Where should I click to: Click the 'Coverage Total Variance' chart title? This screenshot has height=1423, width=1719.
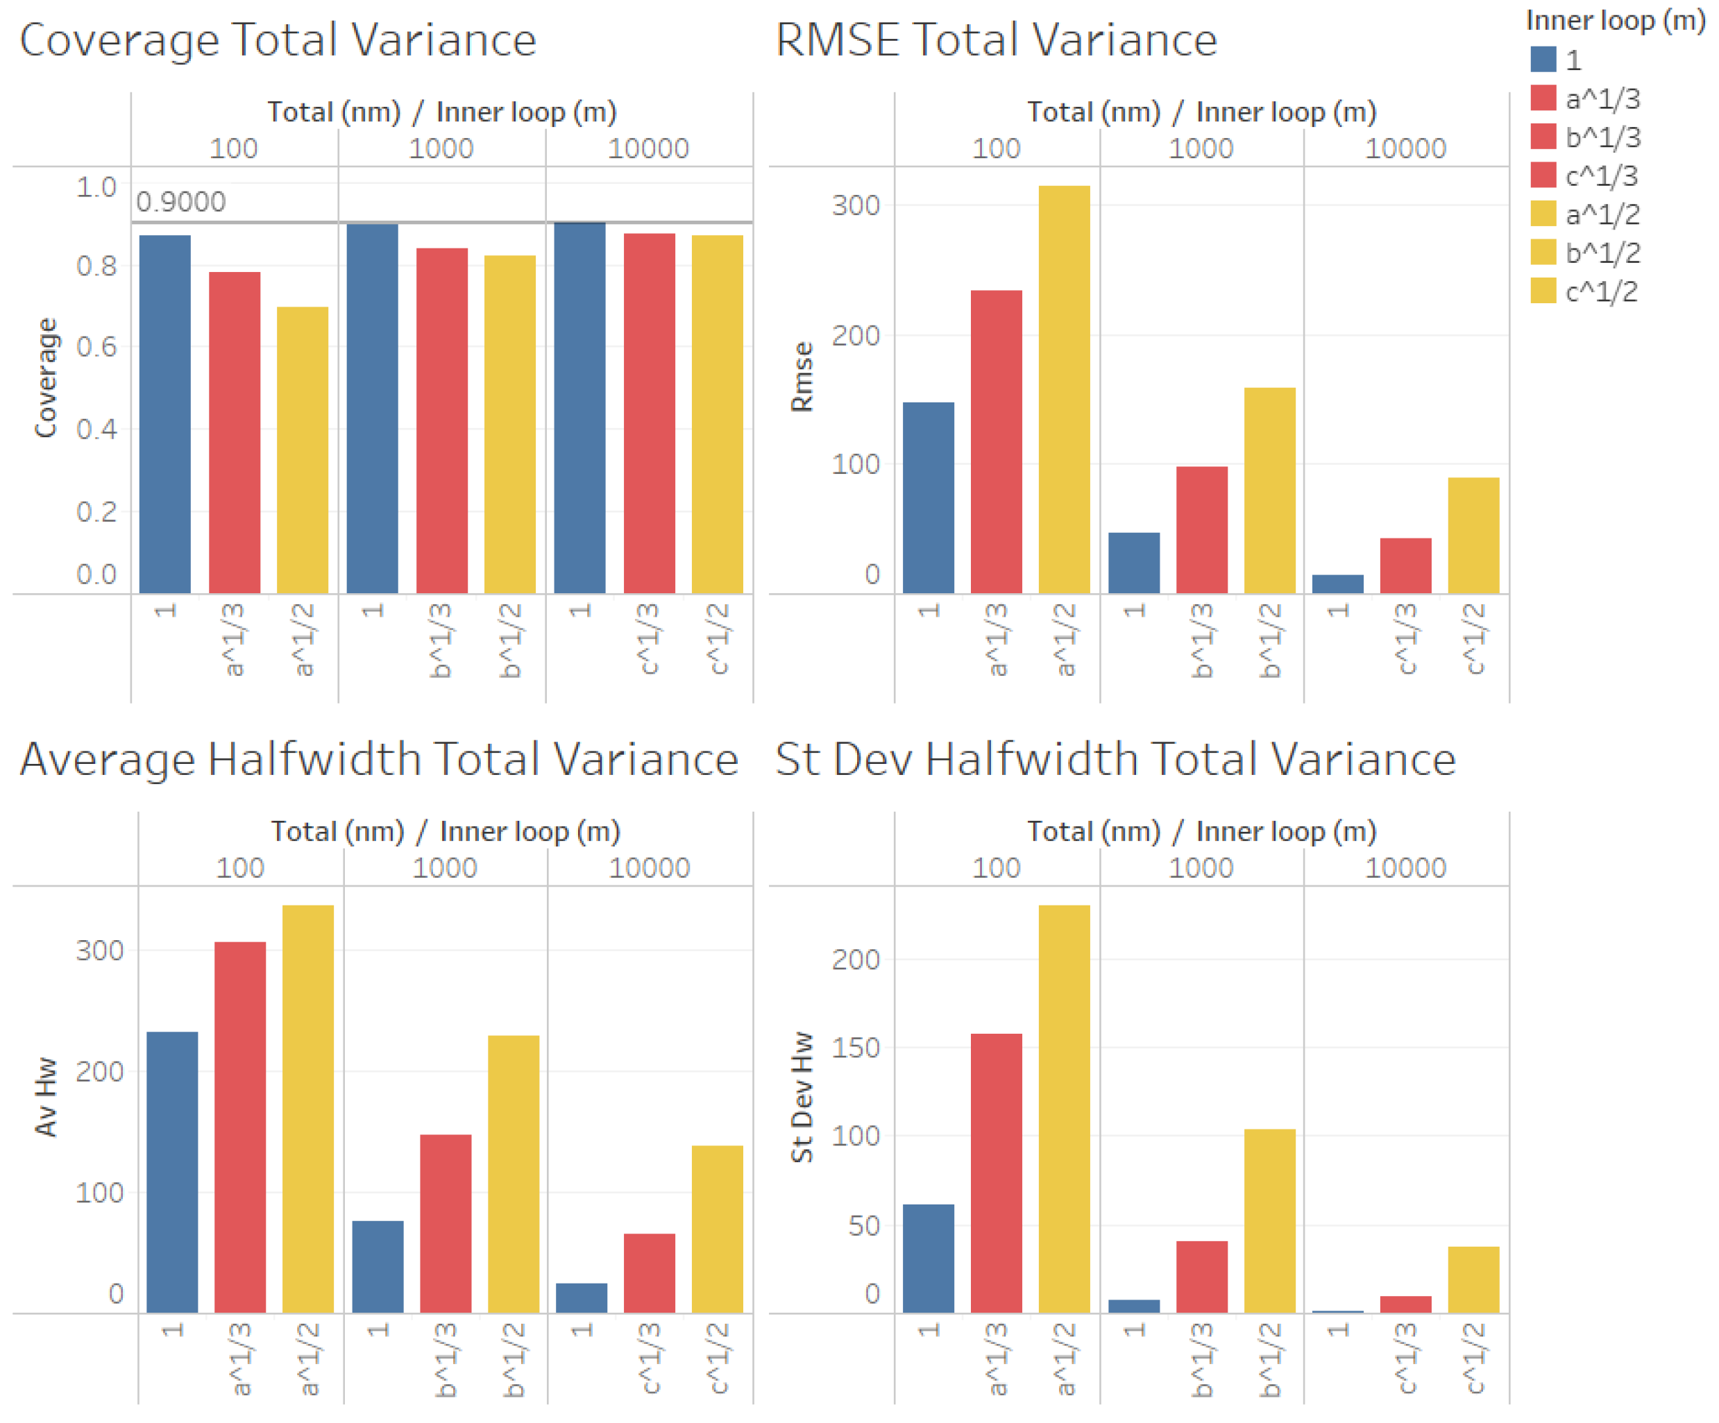coord(278,40)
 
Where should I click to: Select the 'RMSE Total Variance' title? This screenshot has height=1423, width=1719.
coord(996,40)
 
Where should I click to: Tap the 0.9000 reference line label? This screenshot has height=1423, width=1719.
coord(181,201)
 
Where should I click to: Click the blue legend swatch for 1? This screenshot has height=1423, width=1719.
coord(1542,60)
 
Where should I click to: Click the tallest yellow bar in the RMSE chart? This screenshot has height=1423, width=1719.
coord(1064,389)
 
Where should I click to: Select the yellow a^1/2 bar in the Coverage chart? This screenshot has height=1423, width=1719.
coord(302,450)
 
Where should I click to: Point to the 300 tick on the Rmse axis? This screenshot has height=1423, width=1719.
coord(856,205)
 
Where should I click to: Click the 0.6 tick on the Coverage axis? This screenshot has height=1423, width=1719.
coord(96,347)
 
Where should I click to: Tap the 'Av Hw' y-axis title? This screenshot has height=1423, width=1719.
coord(46,1096)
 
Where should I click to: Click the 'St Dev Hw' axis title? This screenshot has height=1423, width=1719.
coord(802,1096)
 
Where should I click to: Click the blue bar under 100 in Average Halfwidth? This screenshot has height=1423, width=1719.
coord(172,1172)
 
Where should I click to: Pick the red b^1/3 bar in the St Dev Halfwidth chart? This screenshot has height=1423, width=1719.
coord(1202,1277)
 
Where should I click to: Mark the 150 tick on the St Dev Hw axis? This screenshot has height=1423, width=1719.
coord(856,1048)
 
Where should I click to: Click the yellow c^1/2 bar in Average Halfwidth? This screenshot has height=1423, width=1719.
coord(717,1229)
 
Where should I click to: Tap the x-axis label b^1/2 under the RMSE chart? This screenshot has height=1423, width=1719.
coord(1269,640)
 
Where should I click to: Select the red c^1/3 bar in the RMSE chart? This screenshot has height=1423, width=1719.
coord(1405,565)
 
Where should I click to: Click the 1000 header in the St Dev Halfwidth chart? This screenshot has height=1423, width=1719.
coord(1201,867)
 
